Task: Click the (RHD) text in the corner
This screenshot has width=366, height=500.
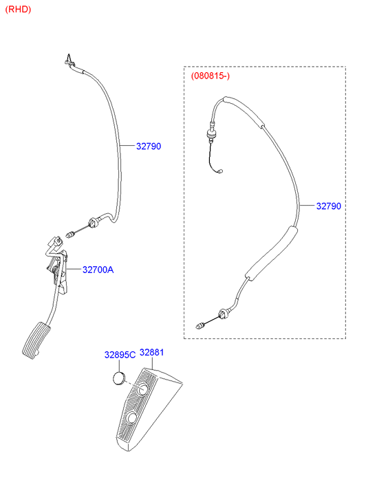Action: tap(18, 10)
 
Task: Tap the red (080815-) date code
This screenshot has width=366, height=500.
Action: tap(211, 76)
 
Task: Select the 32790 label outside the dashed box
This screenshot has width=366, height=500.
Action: tap(149, 146)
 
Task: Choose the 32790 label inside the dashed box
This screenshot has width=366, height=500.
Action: tap(329, 206)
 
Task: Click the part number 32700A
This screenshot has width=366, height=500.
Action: tap(98, 270)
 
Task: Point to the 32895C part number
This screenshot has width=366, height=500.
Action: tap(120, 355)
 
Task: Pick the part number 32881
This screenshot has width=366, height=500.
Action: tap(152, 352)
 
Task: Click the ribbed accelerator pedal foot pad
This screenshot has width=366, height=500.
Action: tap(36, 340)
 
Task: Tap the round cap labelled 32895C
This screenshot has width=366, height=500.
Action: tap(119, 378)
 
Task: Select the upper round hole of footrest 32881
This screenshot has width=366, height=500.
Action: tap(142, 390)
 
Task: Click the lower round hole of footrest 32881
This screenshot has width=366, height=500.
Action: tap(131, 418)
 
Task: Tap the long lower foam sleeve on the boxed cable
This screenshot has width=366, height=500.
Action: tap(271, 254)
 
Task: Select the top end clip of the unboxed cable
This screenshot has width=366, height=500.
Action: tap(69, 60)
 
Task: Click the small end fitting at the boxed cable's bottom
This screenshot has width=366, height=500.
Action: tap(200, 326)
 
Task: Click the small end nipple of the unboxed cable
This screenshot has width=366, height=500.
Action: tap(70, 235)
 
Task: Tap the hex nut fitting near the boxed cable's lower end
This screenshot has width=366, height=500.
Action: tap(224, 314)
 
